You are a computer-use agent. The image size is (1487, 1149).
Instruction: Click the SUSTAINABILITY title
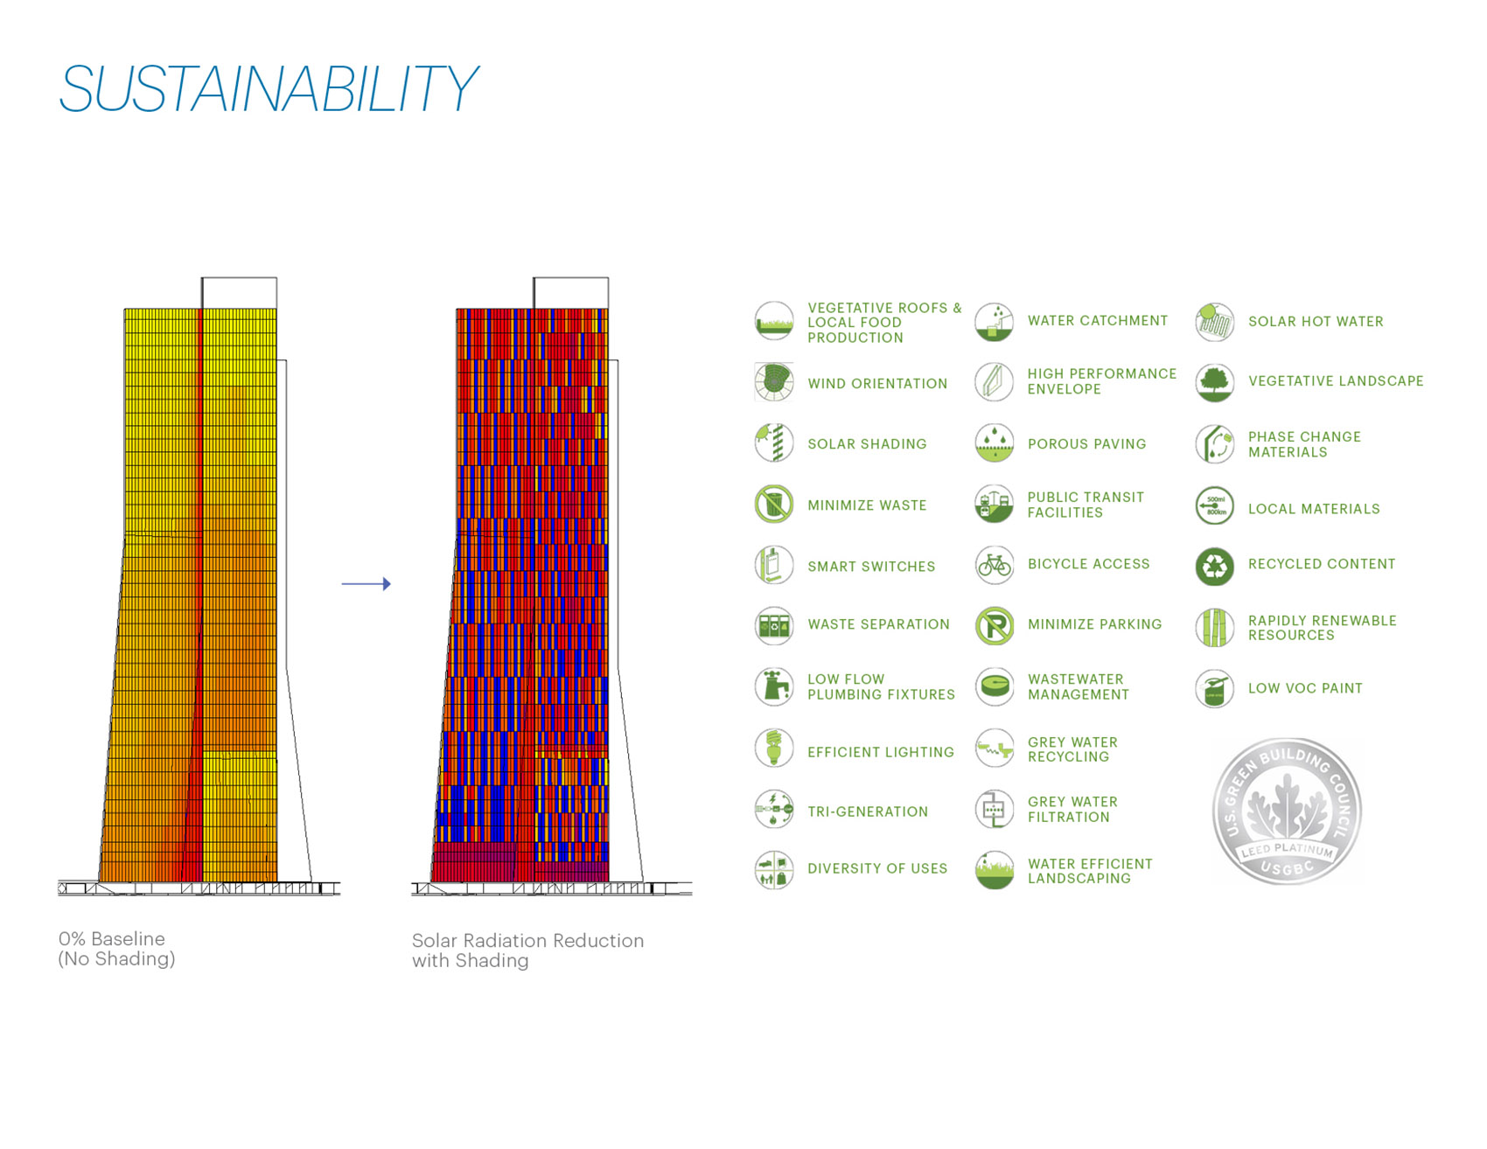pyautogui.click(x=268, y=88)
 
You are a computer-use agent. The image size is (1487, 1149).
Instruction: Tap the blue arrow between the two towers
pyautogui.click(x=366, y=583)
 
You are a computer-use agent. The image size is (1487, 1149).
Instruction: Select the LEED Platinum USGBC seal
pyautogui.click(x=1286, y=811)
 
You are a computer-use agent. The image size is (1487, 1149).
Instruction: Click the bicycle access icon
pyautogui.click(x=994, y=565)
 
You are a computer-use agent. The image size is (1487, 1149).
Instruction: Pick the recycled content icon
pyautogui.click(x=1214, y=566)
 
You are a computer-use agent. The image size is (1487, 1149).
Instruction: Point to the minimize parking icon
pyautogui.click(x=994, y=625)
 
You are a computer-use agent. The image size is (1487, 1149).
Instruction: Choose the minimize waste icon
pyautogui.click(x=773, y=505)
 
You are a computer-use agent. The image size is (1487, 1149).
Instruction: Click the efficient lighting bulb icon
pyautogui.click(x=773, y=749)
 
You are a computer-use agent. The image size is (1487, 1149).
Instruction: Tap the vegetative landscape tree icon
pyautogui.click(x=1214, y=382)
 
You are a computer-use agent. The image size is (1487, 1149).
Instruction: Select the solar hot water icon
pyautogui.click(x=1214, y=322)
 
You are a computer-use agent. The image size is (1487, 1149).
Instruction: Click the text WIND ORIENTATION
pyautogui.click(x=876, y=384)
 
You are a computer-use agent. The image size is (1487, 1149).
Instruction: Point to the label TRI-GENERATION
pyautogui.click(x=867, y=811)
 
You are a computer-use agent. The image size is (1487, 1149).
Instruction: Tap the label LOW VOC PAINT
pyautogui.click(x=1304, y=688)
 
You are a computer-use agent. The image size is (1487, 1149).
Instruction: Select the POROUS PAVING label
pyautogui.click(x=1086, y=444)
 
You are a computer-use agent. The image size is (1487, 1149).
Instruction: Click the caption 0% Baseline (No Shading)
pyautogui.click(x=116, y=949)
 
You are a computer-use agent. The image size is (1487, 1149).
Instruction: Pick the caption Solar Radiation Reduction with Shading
pyautogui.click(x=527, y=951)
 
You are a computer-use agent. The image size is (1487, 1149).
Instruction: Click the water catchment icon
pyautogui.click(x=994, y=322)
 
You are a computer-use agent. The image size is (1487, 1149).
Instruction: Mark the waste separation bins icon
pyautogui.click(x=773, y=625)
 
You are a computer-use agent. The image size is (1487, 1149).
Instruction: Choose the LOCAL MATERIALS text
pyautogui.click(x=1313, y=509)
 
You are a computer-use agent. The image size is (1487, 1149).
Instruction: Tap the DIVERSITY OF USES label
pyautogui.click(x=876, y=868)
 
